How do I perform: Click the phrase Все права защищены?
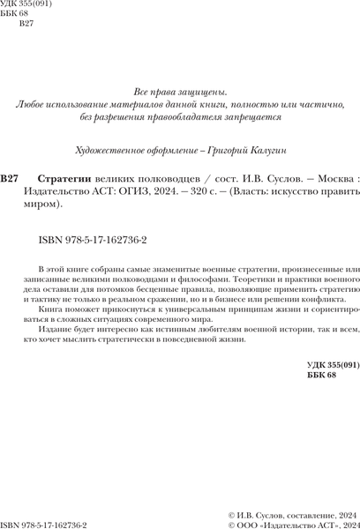[180, 92]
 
